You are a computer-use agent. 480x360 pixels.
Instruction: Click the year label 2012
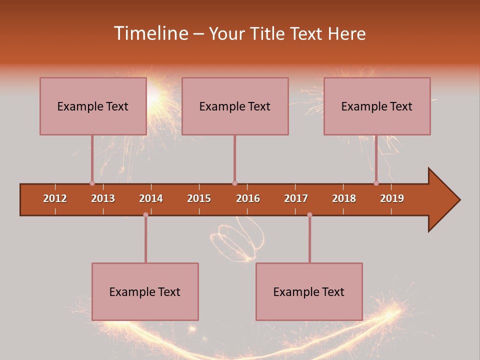tap(55, 198)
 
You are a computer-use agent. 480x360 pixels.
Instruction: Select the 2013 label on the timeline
tap(103, 198)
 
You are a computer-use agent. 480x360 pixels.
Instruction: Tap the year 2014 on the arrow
tap(151, 198)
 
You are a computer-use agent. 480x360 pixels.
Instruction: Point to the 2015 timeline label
tap(199, 198)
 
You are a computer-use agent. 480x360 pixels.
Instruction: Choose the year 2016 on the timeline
tap(248, 198)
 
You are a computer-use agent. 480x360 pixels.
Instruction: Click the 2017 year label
tap(296, 198)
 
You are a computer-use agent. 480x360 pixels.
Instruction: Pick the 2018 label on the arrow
tap(344, 198)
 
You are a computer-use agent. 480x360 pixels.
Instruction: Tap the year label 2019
tap(392, 198)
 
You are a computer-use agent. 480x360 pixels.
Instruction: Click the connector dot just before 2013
tap(92, 183)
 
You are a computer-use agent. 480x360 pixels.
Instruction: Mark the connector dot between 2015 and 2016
tap(234, 183)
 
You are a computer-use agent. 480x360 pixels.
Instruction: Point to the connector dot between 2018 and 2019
tap(376, 183)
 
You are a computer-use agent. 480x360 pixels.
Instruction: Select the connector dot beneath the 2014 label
tap(145, 214)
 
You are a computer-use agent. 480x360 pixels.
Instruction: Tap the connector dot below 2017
tap(309, 214)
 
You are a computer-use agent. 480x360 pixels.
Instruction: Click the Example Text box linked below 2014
tap(145, 291)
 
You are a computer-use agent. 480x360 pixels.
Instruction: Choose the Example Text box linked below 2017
tap(309, 291)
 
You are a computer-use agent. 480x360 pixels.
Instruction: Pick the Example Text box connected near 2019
tap(377, 106)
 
